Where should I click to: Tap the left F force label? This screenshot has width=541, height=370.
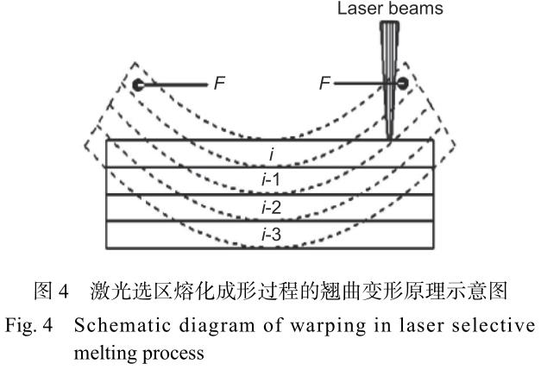click(x=217, y=85)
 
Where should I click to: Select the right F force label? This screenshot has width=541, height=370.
click(x=324, y=85)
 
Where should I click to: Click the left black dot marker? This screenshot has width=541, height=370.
click(x=138, y=85)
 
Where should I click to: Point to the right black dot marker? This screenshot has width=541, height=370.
click(x=400, y=85)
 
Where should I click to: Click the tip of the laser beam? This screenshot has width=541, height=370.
click(x=391, y=138)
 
